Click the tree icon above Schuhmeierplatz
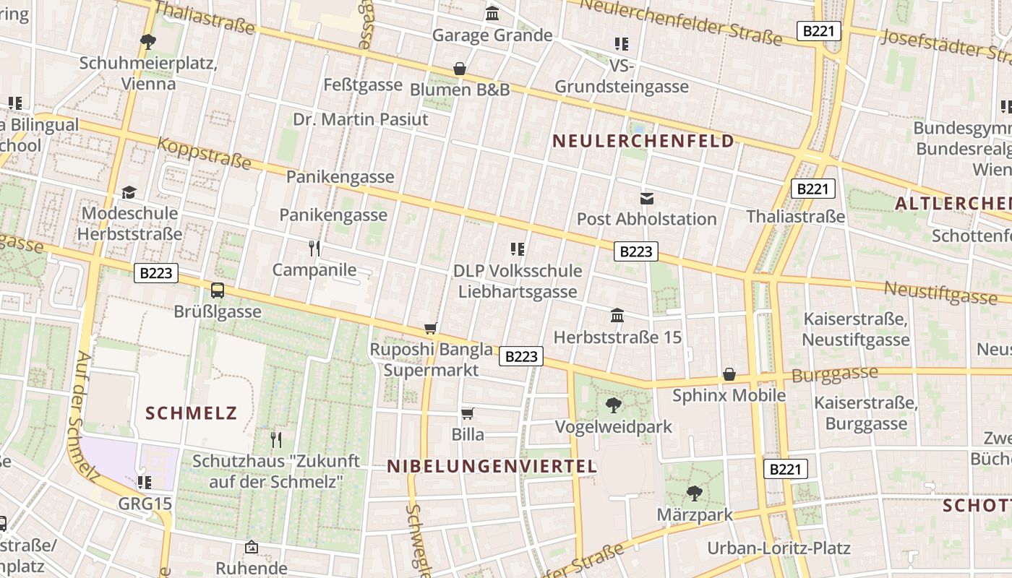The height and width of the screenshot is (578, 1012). tap(148, 41)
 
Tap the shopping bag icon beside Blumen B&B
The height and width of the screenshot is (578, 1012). tap(459, 69)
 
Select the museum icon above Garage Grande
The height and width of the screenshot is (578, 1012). tap(492, 13)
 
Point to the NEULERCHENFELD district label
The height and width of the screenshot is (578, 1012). tap(643, 141)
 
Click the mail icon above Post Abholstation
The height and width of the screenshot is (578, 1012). tap(647, 197)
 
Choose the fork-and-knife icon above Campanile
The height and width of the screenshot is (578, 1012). tap(314, 249)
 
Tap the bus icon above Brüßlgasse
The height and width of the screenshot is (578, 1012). tap(218, 290)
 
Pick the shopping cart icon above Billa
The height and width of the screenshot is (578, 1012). tap(468, 413)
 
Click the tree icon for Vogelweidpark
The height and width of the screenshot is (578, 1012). tap(614, 405)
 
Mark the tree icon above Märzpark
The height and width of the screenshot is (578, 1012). tap(695, 493)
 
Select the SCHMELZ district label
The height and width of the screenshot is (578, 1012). tap(192, 413)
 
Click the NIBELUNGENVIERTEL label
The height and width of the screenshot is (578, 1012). tap(492, 466)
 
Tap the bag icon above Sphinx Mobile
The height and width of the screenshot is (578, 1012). tap(729, 374)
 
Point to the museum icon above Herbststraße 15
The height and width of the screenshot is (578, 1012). tap(617, 315)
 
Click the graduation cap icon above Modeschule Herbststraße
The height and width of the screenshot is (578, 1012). tap(129, 192)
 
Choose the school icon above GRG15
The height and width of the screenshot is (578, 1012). tap(145, 482)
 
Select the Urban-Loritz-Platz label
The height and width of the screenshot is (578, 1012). tap(779, 548)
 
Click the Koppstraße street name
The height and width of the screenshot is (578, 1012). tap(205, 153)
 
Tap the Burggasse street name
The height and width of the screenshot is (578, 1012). tap(834, 375)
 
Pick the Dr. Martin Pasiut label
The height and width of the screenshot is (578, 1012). tap(361, 119)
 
